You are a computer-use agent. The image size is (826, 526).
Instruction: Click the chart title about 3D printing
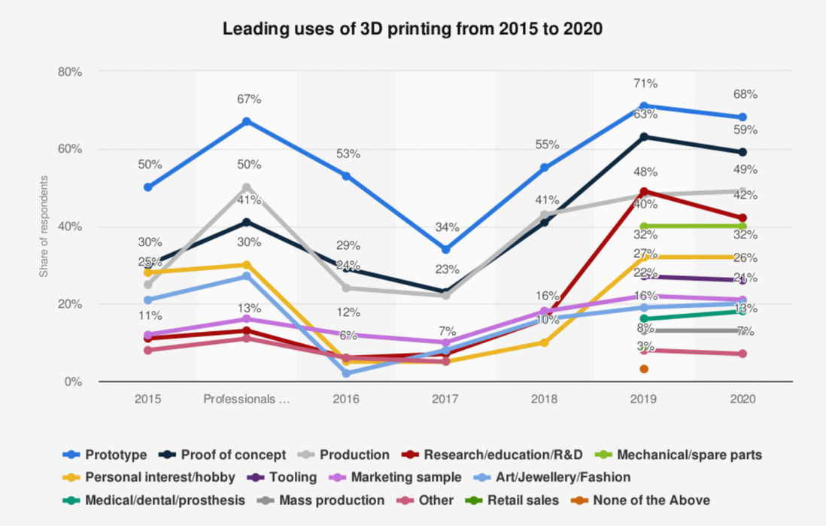pos(412,29)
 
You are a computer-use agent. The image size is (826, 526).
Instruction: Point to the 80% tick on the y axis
pos(70,71)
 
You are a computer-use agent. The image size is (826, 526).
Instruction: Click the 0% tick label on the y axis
pos(73,382)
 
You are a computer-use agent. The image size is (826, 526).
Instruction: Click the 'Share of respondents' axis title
pos(44,227)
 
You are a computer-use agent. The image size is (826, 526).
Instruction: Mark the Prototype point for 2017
pos(445,249)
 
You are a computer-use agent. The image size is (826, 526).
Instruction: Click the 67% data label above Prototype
pos(247,99)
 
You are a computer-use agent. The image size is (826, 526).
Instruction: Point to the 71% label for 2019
pos(645,84)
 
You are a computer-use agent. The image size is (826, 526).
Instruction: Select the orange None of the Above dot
pos(644,369)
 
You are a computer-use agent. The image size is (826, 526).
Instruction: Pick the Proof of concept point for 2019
pos(644,137)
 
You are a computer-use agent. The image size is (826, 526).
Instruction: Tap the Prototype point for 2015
pos(148,187)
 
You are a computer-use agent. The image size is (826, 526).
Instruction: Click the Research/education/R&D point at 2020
pos(742,218)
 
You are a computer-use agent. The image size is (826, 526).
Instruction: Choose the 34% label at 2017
pos(445,227)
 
